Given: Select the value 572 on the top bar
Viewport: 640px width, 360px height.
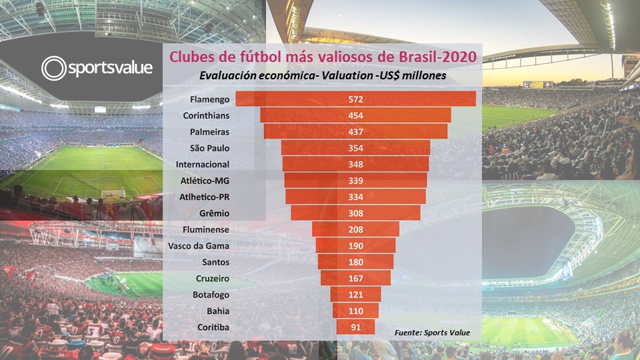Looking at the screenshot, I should [355, 99].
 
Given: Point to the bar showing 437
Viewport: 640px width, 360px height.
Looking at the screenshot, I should [355, 132].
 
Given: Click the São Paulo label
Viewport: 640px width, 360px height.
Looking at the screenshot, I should [209, 148].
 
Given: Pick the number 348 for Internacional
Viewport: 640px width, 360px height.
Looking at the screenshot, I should [355, 164].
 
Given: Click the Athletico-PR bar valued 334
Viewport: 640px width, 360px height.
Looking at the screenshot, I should [355, 197].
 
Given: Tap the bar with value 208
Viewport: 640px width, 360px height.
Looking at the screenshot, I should [355, 229].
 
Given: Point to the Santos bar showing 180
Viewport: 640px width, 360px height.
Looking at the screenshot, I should [355, 261].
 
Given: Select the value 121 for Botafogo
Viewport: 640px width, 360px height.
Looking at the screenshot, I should [355, 294].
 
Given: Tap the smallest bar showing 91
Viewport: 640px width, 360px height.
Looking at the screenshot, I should [355, 327].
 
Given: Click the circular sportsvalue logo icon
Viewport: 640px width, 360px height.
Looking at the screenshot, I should [53, 68].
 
